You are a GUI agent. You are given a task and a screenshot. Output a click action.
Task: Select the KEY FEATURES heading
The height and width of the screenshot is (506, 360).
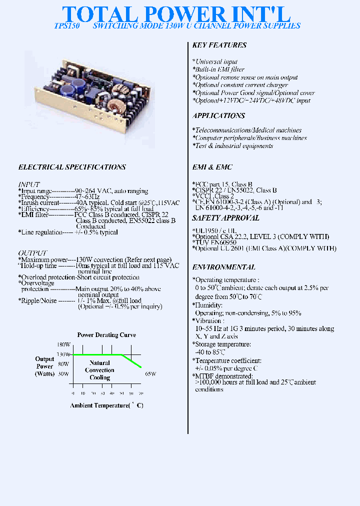(219, 45)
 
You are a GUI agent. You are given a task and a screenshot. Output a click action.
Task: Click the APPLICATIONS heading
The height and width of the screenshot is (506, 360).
(218, 115)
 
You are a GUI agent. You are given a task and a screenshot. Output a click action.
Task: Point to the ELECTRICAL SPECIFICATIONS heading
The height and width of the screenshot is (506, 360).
(72, 167)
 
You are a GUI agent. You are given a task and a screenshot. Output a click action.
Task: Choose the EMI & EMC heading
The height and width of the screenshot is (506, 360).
(212, 167)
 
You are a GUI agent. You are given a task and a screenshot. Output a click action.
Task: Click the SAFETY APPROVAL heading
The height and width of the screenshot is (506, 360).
(225, 217)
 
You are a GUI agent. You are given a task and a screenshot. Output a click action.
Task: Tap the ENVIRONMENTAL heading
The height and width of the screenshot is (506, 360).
(223, 267)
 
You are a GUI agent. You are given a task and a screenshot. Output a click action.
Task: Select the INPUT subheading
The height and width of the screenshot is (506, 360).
(29, 184)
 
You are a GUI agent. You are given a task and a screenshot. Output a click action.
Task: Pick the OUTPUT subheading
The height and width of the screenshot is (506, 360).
(32, 253)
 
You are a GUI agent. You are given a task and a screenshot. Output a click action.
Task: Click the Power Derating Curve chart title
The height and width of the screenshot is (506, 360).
(106, 335)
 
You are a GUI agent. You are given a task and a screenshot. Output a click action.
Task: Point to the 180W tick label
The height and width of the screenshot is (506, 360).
(63, 345)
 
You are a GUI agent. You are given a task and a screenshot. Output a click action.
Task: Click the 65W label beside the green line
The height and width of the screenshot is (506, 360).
(150, 373)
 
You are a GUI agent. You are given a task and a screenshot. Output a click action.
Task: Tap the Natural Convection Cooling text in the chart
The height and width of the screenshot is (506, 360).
(99, 370)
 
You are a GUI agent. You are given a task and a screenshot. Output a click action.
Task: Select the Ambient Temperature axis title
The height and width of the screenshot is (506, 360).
(106, 405)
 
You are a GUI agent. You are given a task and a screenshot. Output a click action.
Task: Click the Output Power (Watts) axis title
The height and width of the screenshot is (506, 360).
(44, 366)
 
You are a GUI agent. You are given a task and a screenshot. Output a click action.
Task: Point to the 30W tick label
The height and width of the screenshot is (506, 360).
(63, 373)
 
